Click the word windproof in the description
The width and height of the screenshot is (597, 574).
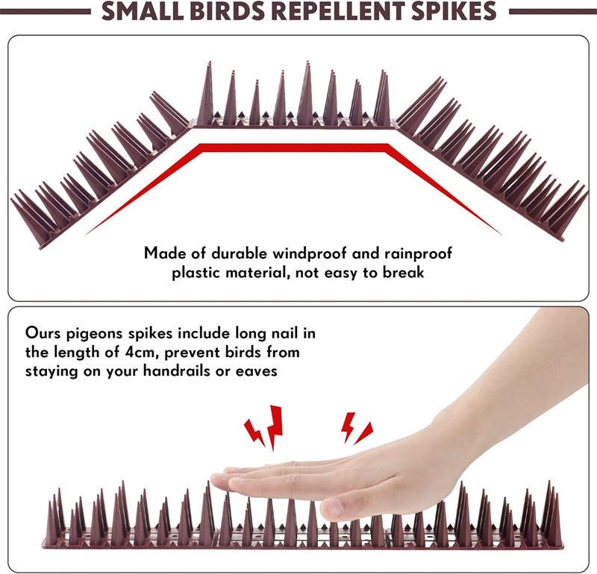coord(301,253)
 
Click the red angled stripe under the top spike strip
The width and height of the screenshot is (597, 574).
coord(298,148)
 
